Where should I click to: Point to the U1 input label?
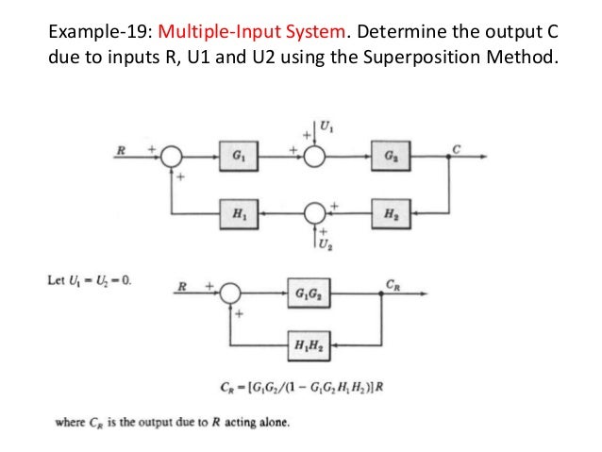tap(327, 125)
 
